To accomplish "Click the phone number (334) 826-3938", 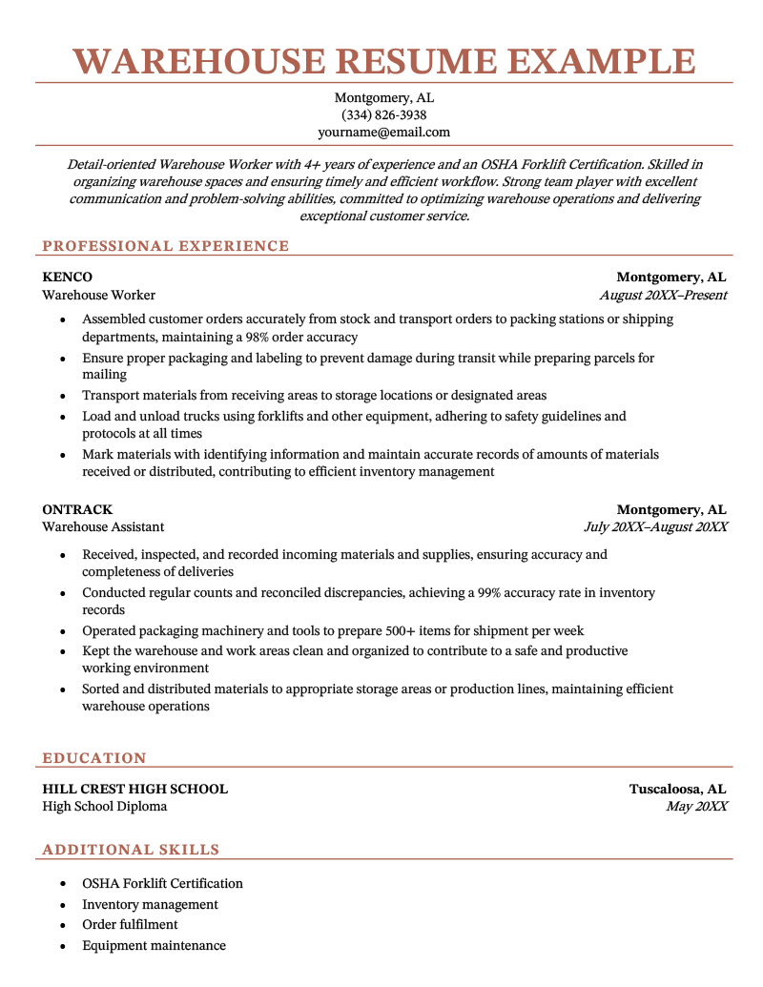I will tap(383, 115).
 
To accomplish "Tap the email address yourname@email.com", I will tap(383, 133).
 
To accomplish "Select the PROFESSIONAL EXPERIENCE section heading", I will tap(165, 246).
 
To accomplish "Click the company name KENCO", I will tap(67, 278).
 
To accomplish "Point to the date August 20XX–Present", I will tap(663, 296).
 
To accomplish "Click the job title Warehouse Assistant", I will tap(103, 527).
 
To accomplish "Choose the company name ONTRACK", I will tap(77, 510).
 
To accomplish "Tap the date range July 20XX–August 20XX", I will tap(655, 527).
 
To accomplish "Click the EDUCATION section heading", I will tap(94, 758).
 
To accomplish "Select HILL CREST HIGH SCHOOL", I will tap(134, 790).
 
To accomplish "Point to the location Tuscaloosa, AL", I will tap(677, 790).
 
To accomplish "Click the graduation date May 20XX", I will tap(696, 807).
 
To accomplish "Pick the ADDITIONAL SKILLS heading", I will tap(131, 850).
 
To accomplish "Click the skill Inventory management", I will tap(150, 904).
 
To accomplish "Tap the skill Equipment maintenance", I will tap(154, 946).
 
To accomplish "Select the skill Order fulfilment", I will tap(130, 925).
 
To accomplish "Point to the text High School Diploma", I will tap(105, 807).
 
